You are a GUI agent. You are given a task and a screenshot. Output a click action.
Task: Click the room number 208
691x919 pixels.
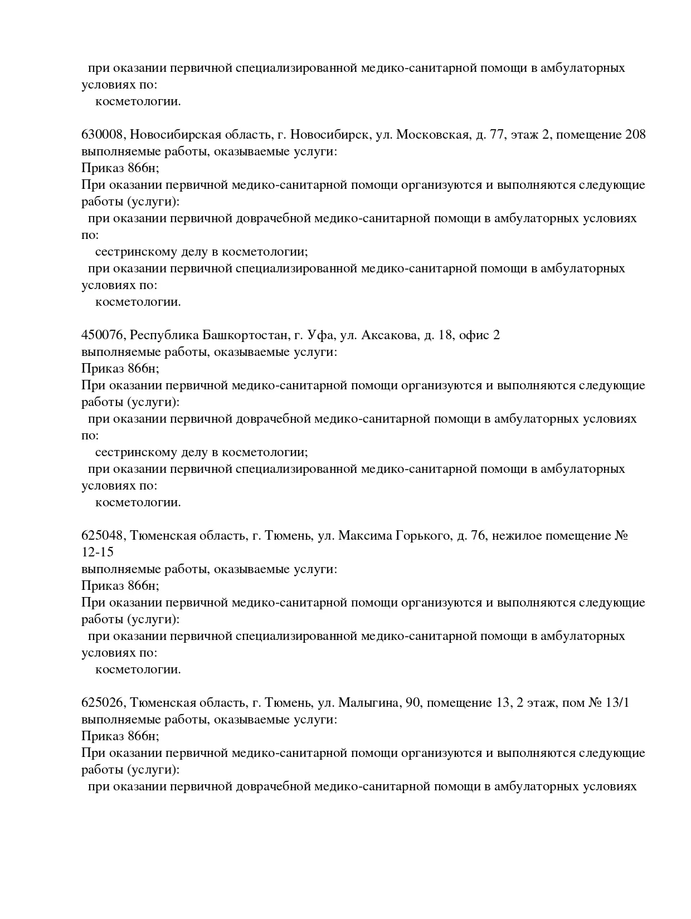(x=635, y=135)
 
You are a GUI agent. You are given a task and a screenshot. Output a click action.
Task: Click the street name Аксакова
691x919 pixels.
(x=389, y=335)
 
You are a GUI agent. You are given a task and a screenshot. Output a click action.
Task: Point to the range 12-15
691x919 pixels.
(x=98, y=553)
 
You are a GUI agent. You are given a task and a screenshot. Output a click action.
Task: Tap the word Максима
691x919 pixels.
(x=364, y=536)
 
